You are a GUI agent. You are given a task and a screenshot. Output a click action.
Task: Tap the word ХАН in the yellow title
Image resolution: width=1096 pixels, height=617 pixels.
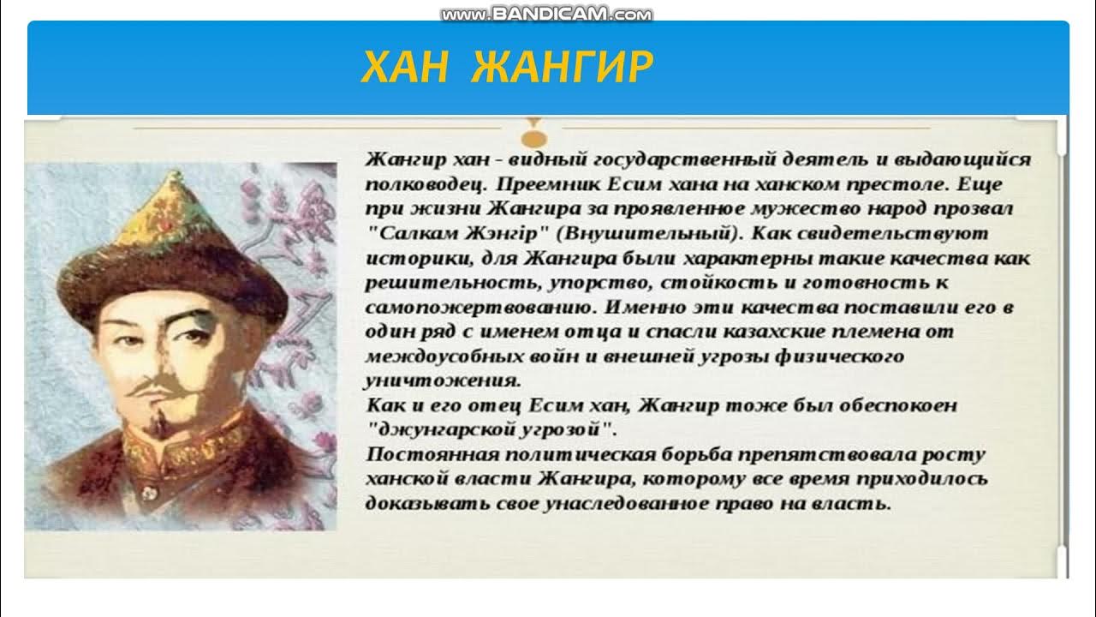[404, 67]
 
